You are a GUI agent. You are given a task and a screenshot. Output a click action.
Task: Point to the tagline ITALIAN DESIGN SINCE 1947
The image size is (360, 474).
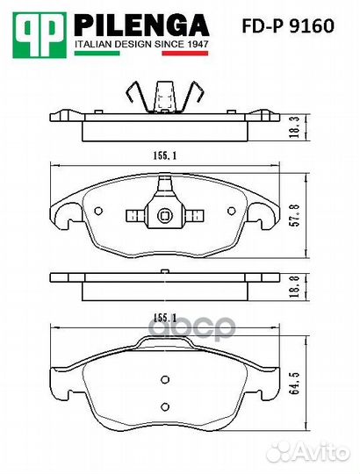pos(140,42)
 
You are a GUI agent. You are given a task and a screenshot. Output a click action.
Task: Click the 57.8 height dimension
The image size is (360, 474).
pos(294,213)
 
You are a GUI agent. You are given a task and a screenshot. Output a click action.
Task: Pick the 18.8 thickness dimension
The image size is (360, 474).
pos(294,285)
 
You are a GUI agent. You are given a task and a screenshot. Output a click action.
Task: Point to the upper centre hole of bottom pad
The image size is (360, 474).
pos(163,380)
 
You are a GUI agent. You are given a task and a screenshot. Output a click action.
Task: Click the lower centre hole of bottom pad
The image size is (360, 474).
pos(163,407)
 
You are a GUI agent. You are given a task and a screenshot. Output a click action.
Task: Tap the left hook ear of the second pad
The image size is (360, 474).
pos(63,213)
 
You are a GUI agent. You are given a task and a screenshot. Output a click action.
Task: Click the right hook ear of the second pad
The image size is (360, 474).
pos(262,213)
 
